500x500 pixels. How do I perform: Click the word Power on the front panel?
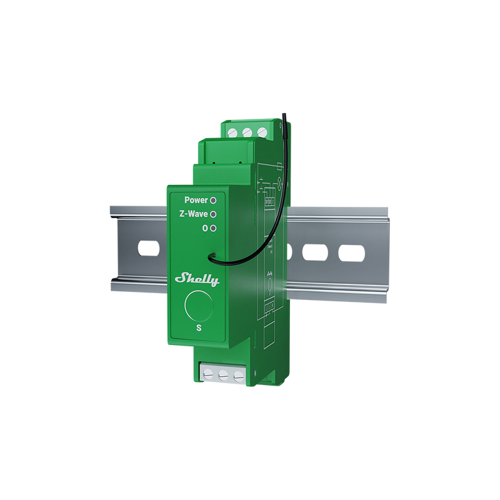(x=196, y=200)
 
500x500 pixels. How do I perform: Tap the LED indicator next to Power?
(x=213, y=200)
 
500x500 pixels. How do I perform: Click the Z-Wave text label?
(x=192, y=214)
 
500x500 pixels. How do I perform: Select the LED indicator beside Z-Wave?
(x=213, y=214)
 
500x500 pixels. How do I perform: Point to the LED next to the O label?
(x=213, y=229)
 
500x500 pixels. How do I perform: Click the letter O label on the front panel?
(x=204, y=229)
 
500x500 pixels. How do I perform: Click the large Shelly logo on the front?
(x=197, y=279)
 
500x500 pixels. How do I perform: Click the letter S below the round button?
(x=199, y=327)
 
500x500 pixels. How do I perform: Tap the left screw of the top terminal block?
(x=232, y=132)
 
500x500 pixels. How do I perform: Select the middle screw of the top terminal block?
(x=246, y=132)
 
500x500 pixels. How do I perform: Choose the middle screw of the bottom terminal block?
(x=223, y=376)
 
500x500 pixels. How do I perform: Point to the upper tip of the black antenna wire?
(x=281, y=113)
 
